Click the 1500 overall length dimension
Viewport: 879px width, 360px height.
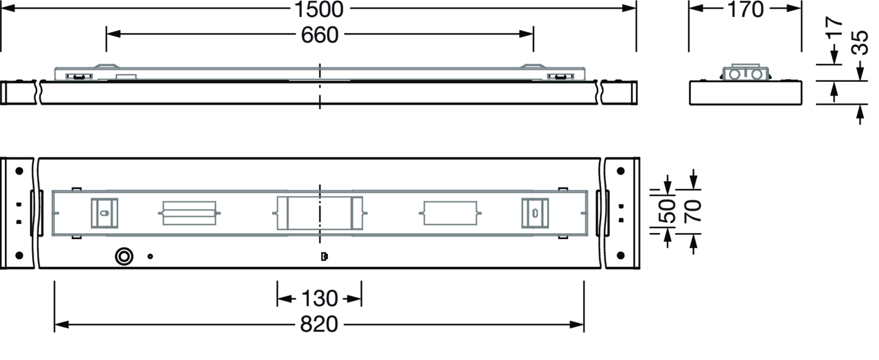click(319, 9)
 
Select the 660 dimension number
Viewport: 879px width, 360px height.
click(319, 35)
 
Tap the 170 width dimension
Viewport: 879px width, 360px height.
click(745, 9)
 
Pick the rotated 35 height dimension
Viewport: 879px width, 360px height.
click(859, 42)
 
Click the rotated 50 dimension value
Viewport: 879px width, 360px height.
click(667, 211)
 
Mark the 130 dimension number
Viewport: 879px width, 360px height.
click(319, 299)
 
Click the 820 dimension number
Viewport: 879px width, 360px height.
click(319, 325)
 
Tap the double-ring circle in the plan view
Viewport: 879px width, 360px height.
click(124, 256)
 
